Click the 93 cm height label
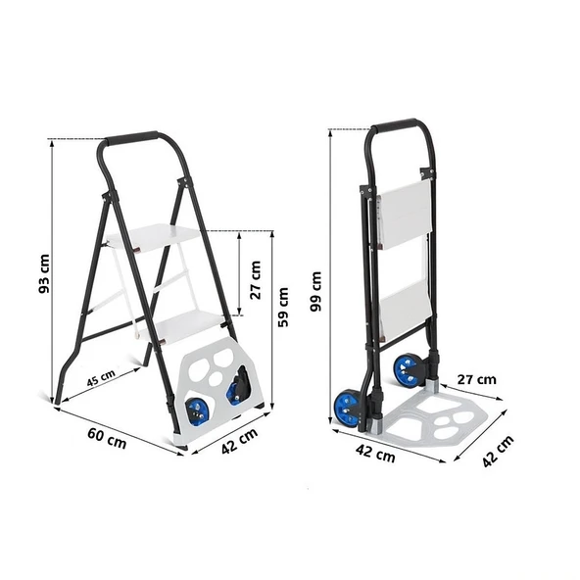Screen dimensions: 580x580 (44, 274)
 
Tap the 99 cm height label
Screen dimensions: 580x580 (316, 292)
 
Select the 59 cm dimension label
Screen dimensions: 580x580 (283, 308)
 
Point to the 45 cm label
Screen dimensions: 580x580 (101, 377)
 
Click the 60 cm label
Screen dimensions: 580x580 (107, 438)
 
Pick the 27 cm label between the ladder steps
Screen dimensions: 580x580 (256, 280)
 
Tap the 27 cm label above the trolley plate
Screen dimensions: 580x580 (476, 379)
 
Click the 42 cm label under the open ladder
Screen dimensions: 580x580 (240, 441)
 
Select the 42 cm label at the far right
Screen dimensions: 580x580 (499, 452)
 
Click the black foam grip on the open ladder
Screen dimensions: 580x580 (131, 137)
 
